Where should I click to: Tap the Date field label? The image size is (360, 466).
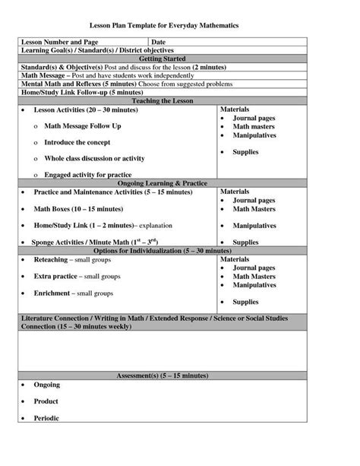pyautogui.click(x=159, y=41)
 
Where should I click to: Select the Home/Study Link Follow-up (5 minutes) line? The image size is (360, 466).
pyautogui.click(x=68, y=92)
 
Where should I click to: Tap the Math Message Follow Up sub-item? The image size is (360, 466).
pyautogui.click(x=82, y=125)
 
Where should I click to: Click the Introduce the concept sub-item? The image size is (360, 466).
pyautogui.click(x=78, y=142)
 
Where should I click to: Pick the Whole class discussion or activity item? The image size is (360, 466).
pyautogui.click(x=94, y=158)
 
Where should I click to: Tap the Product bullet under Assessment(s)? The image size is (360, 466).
pyautogui.click(x=46, y=401)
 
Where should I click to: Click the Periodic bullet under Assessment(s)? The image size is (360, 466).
pyautogui.click(x=46, y=417)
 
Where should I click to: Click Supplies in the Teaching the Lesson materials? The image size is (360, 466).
pyautogui.click(x=245, y=152)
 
